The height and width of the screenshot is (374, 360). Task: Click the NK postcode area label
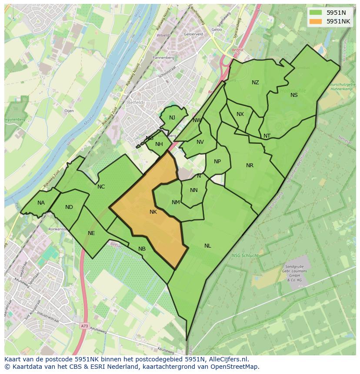pos(153,212)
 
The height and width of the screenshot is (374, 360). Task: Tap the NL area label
pos(208,246)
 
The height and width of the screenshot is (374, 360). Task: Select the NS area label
pos(294,95)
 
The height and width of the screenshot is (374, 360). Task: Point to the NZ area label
pos(255,83)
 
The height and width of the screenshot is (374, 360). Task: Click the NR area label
pos(250,165)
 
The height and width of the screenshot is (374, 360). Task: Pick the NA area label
pos(41,203)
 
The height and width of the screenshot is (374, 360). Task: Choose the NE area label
pos(91,233)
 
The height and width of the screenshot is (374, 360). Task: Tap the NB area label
pos(142,249)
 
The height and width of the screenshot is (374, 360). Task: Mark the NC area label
pos(101,187)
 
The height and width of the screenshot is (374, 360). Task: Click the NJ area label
pos(172,118)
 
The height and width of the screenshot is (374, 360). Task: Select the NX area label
pos(240,114)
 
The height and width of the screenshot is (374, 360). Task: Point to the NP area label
pos(217,162)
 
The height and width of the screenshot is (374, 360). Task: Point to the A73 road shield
pos(84,325)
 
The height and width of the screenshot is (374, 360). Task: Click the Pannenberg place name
pos(163,57)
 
